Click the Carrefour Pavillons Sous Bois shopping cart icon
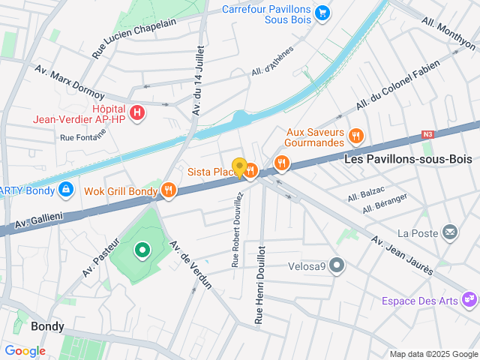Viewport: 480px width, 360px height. [x=322, y=12]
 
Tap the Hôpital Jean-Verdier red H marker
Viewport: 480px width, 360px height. [x=137, y=112]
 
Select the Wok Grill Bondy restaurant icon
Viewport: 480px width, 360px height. [x=168, y=190]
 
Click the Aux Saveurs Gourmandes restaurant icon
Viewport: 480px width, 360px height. [x=356, y=136]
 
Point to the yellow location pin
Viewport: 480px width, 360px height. [x=240, y=168]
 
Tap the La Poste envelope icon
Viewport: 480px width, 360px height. [x=450, y=232]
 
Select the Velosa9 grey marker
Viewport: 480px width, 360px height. [x=338, y=265]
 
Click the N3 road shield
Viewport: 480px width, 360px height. [x=428, y=135]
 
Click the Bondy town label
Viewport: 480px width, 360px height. [x=47, y=327]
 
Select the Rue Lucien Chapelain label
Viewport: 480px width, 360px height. [x=133, y=38]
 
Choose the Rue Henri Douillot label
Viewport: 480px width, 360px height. [x=259, y=285]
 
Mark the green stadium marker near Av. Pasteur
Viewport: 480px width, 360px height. [x=141, y=250]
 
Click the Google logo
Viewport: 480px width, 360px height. [x=25, y=351]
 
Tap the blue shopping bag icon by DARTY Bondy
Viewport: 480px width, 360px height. [x=66, y=189]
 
